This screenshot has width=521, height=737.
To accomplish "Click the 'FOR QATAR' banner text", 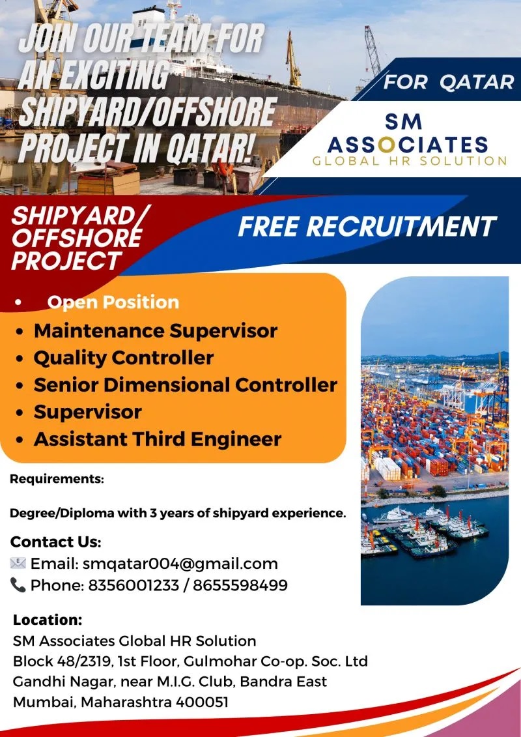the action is pyautogui.click(x=449, y=82).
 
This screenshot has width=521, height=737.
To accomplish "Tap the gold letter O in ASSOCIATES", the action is pyautogui.click(x=386, y=145).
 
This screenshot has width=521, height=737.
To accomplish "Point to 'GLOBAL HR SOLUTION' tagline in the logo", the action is pyautogui.click(x=410, y=161).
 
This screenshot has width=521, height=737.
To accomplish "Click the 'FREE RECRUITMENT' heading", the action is pyautogui.click(x=367, y=227).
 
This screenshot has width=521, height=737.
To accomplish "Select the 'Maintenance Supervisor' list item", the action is pyautogui.click(x=156, y=331).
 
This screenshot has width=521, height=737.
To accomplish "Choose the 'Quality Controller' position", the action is pyautogui.click(x=124, y=358).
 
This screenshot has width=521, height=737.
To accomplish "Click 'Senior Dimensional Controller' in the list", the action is pyautogui.click(x=186, y=385).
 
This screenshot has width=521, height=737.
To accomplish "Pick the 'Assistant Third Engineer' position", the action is pyautogui.click(x=158, y=439).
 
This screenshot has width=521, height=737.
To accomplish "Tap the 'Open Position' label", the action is pyautogui.click(x=113, y=302).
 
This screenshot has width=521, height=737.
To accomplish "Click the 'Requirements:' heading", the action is pyautogui.click(x=57, y=479).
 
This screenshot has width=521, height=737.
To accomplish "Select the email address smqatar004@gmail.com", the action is pyautogui.click(x=180, y=564).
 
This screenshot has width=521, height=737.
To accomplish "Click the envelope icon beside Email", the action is pyautogui.click(x=18, y=563).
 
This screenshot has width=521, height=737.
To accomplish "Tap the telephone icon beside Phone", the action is pyautogui.click(x=18, y=585).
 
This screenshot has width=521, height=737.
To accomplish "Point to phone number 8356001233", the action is pyautogui.click(x=134, y=585).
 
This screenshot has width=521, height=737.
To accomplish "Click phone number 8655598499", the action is pyautogui.click(x=240, y=585).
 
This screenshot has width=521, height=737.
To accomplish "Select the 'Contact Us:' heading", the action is pyautogui.click(x=55, y=542).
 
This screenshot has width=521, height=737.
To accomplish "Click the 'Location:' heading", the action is pyautogui.click(x=48, y=620).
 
